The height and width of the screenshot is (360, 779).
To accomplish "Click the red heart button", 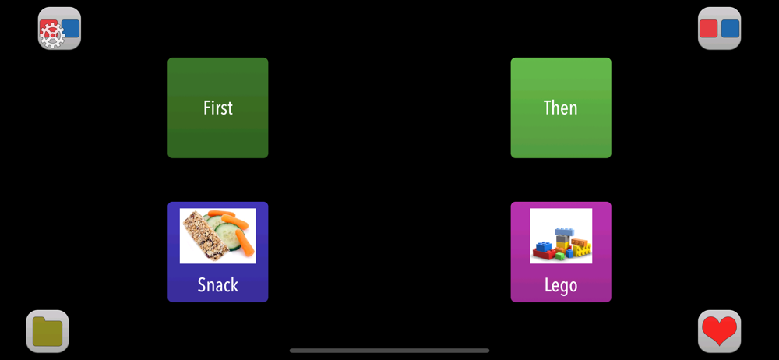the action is pyautogui.click(x=719, y=331).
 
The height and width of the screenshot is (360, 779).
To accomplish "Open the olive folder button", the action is pyautogui.click(x=48, y=332).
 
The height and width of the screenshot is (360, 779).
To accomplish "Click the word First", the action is pyautogui.click(x=218, y=108).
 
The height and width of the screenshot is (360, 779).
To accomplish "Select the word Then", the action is pyautogui.click(x=561, y=108).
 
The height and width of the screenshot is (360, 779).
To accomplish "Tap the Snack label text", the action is pyautogui.click(x=218, y=285).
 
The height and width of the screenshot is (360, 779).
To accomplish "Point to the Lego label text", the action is pyautogui.click(x=561, y=285).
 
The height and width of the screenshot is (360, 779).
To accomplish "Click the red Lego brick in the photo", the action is pyautogui.click(x=544, y=255).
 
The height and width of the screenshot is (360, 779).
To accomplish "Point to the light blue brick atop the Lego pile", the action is pyautogui.click(x=564, y=231).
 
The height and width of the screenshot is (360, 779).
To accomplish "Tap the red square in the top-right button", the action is pyautogui.click(x=708, y=29).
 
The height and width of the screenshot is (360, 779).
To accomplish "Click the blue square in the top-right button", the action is pyautogui.click(x=731, y=29).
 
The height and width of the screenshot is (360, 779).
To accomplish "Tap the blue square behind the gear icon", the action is pyautogui.click(x=71, y=29).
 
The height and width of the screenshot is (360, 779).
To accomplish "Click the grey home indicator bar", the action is pyautogui.click(x=389, y=351).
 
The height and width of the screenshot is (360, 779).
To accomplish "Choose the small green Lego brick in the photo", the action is pyautogui.click(x=560, y=256).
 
